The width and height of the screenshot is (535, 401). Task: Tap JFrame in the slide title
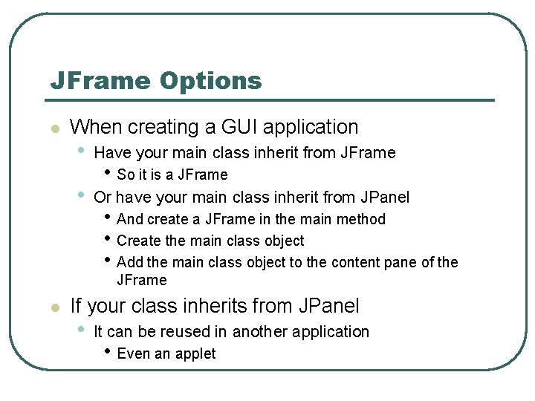[100, 81]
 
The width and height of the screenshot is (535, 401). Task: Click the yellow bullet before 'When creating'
[54, 128]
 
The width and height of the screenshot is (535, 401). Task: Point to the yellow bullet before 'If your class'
[54, 307]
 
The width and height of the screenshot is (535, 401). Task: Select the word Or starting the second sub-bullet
[103, 198]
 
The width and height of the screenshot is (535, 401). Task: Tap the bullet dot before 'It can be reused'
[80, 329]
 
